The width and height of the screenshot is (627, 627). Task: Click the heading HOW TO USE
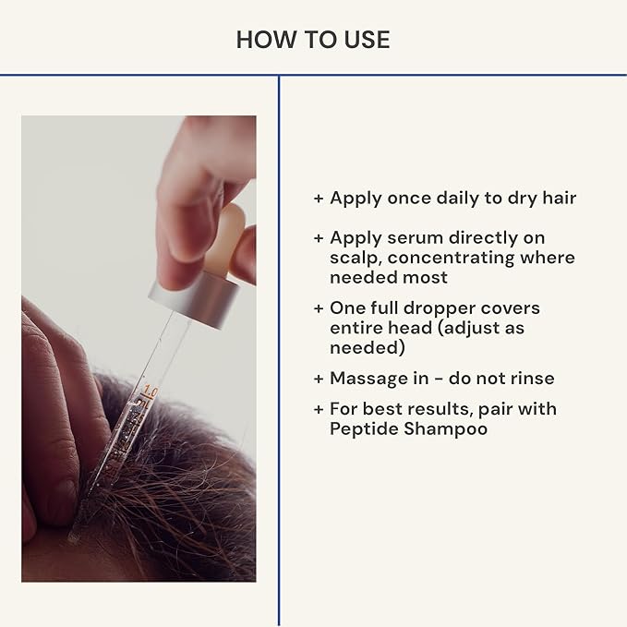click(x=313, y=39)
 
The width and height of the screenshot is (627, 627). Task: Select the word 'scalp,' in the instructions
click(x=354, y=258)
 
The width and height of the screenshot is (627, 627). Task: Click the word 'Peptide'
click(x=364, y=428)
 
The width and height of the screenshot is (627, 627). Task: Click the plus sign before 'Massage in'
click(x=319, y=379)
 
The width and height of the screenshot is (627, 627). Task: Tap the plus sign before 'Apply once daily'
click(x=319, y=198)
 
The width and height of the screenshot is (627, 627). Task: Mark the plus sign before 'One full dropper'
click(x=319, y=307)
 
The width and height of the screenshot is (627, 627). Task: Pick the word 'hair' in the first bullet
click(x=557, y=198)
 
